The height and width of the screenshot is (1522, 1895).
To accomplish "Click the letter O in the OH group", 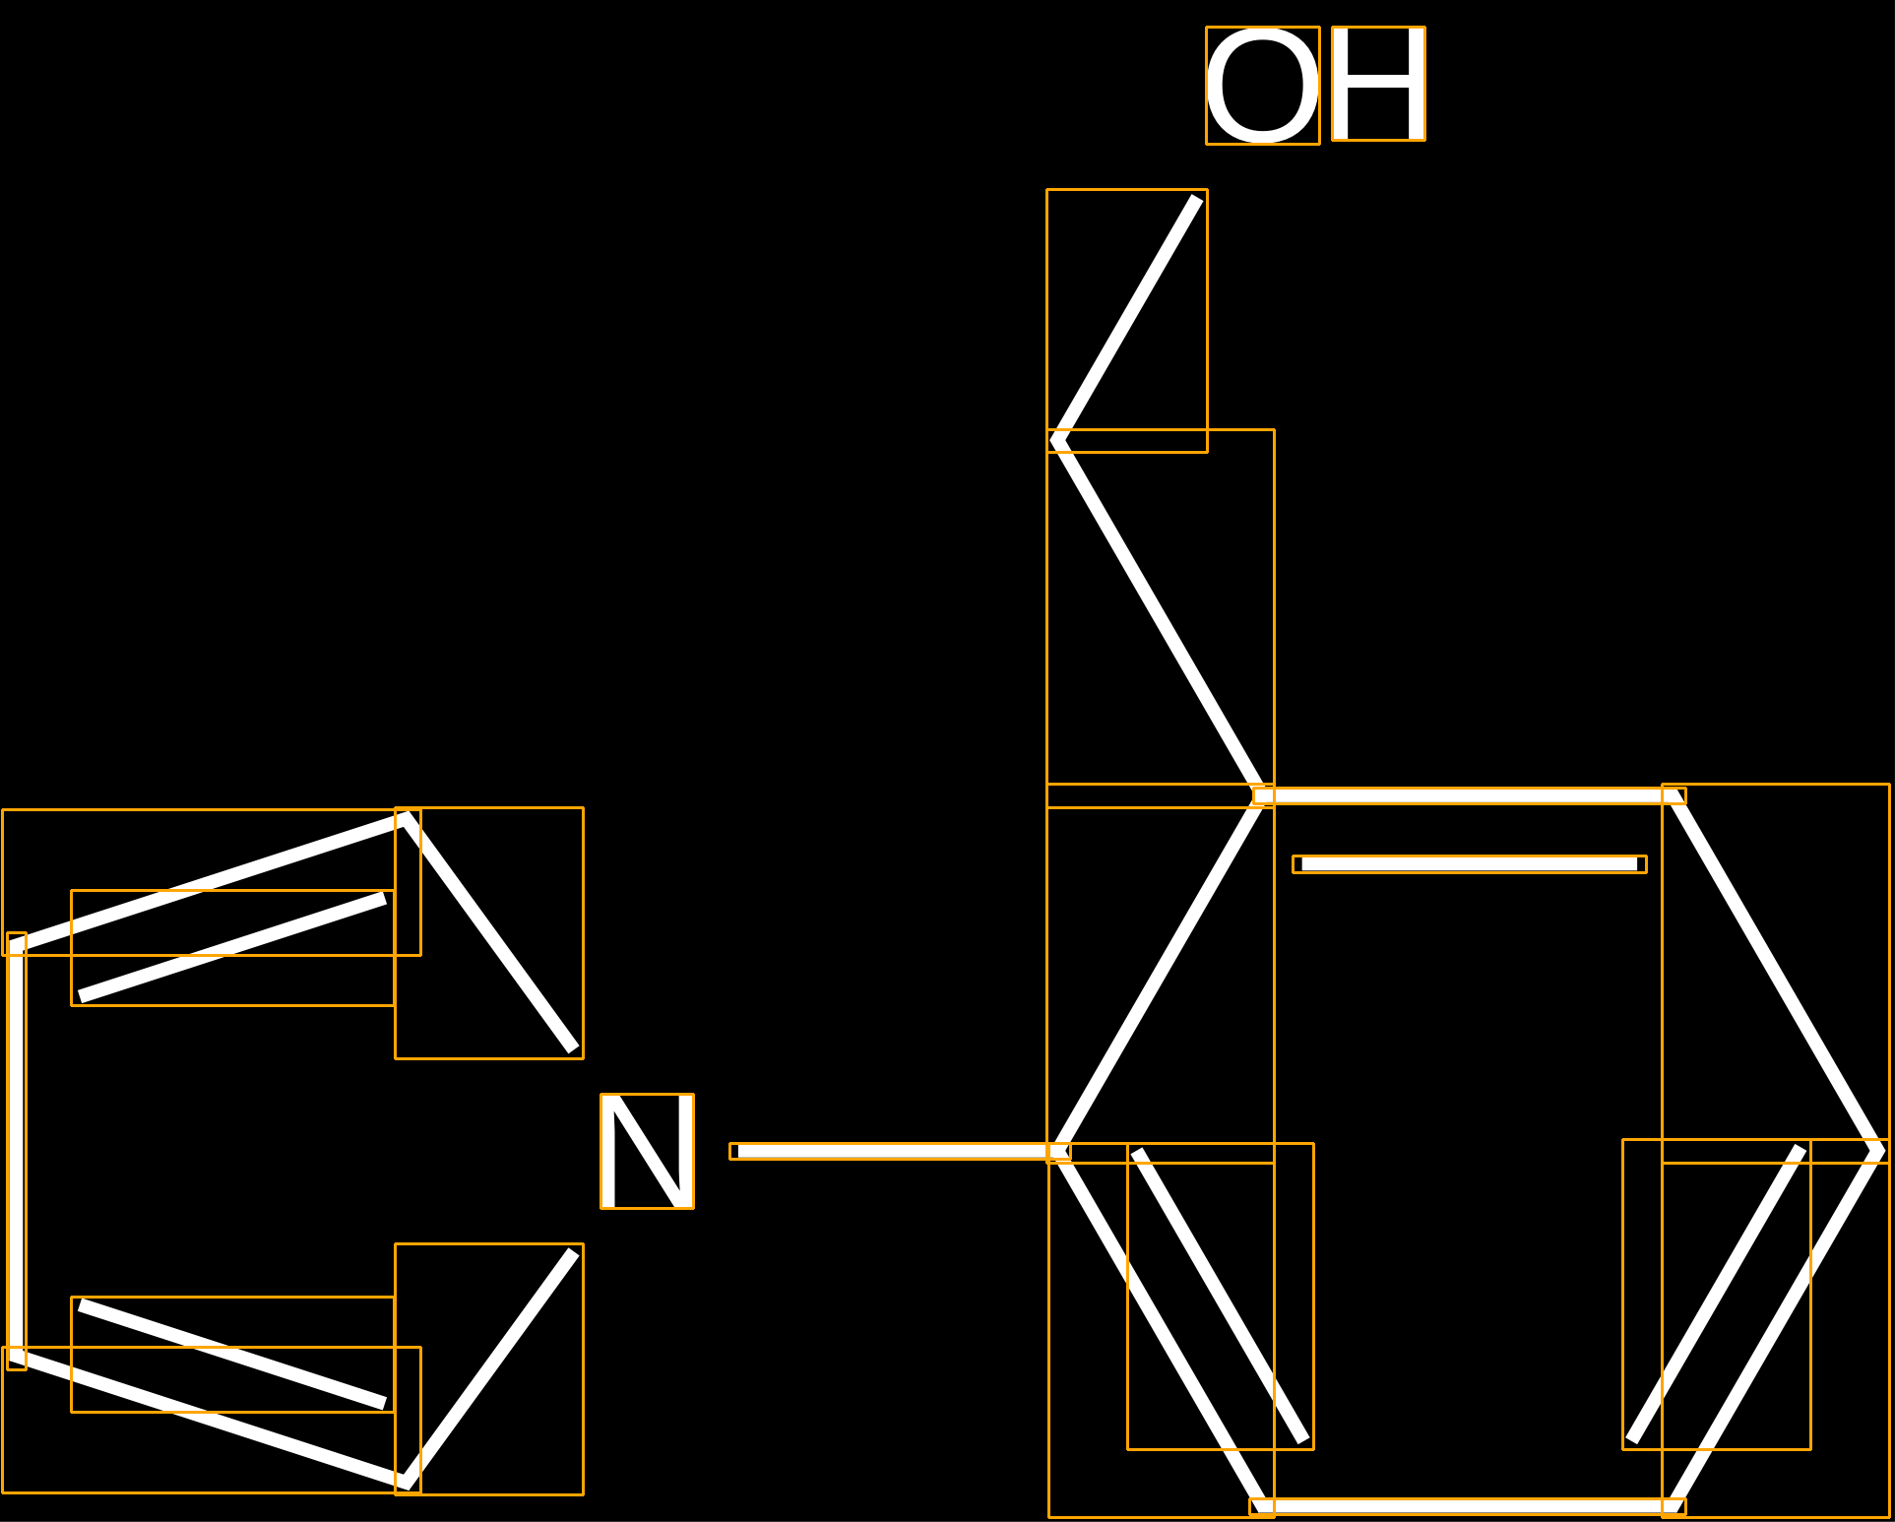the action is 1262,86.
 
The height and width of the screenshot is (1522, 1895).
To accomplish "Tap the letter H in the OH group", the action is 1378,84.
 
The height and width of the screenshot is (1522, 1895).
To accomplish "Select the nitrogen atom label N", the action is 647,1151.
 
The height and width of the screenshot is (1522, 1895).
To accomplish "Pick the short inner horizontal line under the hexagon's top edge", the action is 1469,864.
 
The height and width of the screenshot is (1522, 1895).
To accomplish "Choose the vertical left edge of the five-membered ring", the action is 17,1151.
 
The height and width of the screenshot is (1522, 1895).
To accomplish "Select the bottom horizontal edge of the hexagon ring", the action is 1467,1506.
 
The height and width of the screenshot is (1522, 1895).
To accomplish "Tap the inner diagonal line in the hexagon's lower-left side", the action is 1221,1296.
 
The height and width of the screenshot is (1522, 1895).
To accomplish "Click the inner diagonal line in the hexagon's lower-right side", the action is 1716,1294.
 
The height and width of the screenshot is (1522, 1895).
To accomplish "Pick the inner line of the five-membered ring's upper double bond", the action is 232,947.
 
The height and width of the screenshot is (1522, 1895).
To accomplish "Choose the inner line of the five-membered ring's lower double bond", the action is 232,1355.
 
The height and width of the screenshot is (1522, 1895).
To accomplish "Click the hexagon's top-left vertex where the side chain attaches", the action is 1261,795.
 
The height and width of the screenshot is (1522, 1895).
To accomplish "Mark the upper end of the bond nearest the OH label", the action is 1197,199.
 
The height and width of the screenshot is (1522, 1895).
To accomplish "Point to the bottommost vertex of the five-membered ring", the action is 406,1484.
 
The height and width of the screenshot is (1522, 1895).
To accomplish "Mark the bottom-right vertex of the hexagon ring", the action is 1674,1506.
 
